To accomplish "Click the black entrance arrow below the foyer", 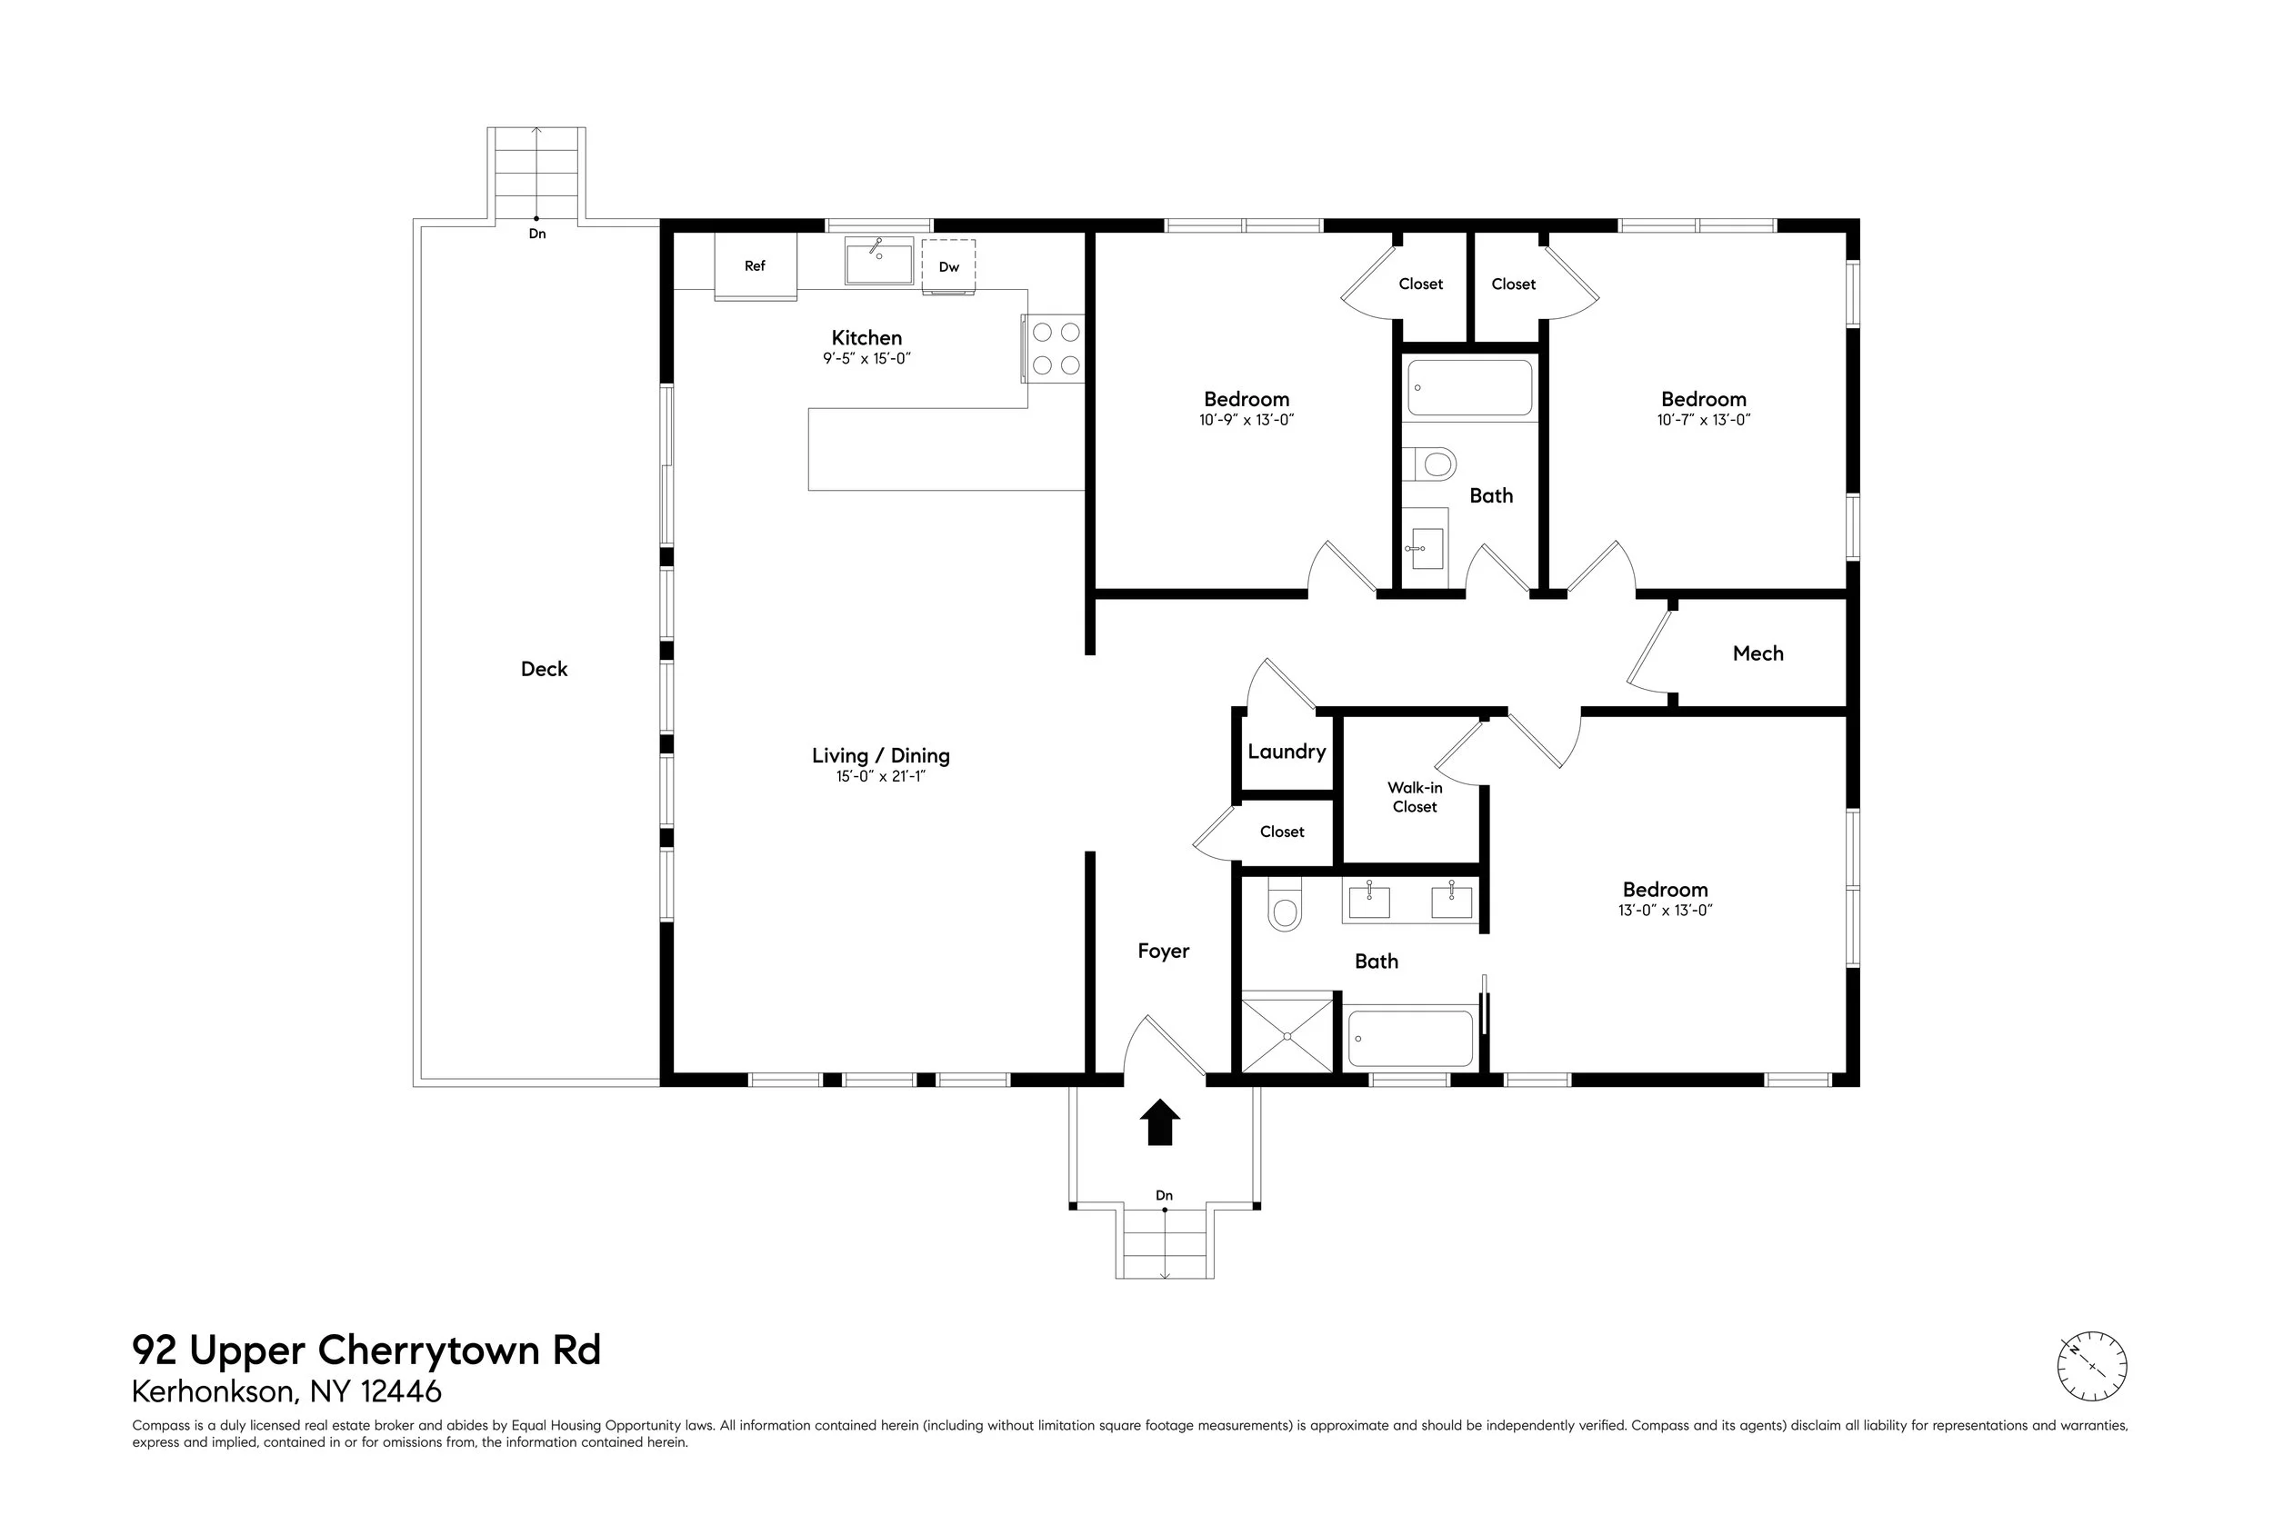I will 1160,1122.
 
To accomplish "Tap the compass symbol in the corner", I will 2091,1366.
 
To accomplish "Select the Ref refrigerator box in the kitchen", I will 755,265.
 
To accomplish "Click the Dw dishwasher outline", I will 948,266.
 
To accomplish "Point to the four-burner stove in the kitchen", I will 1056,349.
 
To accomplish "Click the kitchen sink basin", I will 878,263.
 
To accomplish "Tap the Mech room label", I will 1757,654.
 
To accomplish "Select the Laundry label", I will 1286,752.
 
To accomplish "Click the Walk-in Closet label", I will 1414,797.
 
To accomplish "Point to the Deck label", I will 543,670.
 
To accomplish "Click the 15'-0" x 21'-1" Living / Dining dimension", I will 880,777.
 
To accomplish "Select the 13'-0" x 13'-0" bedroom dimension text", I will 1664,910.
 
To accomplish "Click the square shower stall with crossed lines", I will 1287,1037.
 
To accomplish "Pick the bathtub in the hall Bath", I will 1469,387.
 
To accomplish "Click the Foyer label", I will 1163,952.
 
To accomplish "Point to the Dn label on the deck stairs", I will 536,234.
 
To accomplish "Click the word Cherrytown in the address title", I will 430,1350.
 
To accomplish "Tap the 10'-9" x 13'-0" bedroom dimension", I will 1246,420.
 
